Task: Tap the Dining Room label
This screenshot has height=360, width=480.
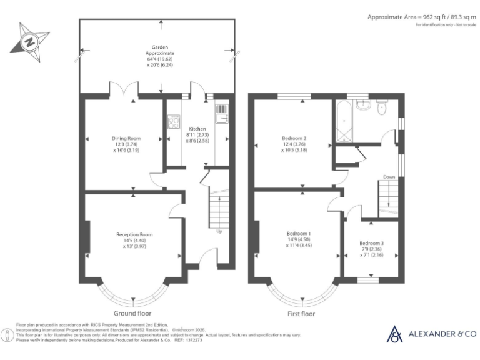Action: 126,138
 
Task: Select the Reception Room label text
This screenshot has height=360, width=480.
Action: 134,234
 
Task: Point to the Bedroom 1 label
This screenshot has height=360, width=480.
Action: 297,232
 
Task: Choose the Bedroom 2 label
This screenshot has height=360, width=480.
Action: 292,137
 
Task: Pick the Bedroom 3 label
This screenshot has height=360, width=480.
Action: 371,243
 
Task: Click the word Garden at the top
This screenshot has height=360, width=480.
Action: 160,47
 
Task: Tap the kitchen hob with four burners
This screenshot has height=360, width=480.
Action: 174,122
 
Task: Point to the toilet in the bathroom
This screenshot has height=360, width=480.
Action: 386,108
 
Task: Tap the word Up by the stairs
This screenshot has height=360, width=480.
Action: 219,232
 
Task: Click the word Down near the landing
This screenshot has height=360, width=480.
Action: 389,177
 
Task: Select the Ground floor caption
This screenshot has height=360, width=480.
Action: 132,313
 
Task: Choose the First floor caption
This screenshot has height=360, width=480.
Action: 301,313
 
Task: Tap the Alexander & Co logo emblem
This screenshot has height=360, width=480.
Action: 395,334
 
